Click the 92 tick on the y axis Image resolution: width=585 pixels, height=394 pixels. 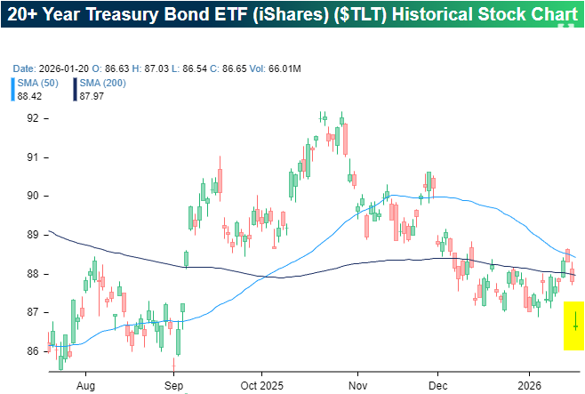32,118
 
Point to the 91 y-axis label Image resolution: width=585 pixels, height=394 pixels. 32,157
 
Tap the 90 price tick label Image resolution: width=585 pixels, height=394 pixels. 32,196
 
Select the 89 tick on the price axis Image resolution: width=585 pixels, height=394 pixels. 32,235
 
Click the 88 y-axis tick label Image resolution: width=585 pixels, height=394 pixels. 32,274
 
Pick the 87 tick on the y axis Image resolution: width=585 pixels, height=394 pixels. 32,312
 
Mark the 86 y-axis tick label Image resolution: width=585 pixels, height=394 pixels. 32,351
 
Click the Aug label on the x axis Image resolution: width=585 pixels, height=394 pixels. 85,387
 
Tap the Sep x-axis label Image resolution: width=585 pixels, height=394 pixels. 173,387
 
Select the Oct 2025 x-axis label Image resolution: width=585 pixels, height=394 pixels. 261,387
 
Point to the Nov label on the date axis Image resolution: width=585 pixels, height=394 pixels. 357,387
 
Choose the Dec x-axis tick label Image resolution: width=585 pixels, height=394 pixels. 437,387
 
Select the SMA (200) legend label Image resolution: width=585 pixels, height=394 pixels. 102,83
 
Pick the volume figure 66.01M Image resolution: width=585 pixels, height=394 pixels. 283,68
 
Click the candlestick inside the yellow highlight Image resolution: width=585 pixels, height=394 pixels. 575,326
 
